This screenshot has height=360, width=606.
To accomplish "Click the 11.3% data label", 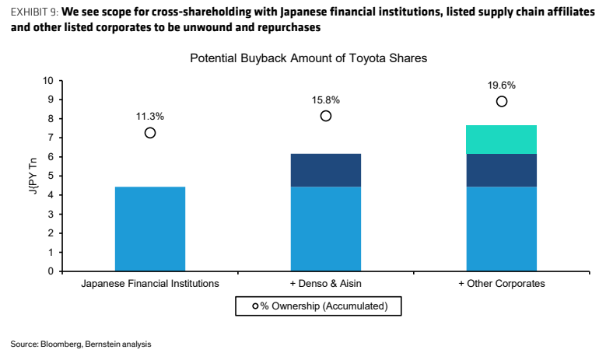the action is tap(150, 117).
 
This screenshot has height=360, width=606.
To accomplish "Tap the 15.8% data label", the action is tap(326, 100).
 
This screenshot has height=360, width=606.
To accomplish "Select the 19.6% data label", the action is tap(502, 85).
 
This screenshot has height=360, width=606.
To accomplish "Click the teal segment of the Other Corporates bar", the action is tap(502, 139).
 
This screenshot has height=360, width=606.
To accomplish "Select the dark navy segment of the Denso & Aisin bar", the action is tap(326, 170).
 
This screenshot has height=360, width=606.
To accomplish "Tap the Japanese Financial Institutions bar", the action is tap(150, 229).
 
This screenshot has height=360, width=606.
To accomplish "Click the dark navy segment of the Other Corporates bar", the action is tap(502, 170).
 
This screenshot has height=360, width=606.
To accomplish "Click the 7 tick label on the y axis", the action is tap(51, 138).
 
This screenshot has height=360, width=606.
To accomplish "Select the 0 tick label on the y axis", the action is tap(51, 271).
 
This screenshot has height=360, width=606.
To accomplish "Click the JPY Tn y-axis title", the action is tap(33, 177).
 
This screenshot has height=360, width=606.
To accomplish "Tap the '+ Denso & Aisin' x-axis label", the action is tap(326, 284).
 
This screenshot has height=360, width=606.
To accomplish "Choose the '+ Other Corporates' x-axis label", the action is tap(502, 284).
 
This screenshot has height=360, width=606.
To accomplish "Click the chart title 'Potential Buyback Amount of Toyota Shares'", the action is tap(308, 58).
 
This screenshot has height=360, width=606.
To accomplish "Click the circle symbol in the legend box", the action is tap(255, 306).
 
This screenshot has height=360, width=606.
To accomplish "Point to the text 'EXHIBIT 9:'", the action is tap(35, 12).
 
